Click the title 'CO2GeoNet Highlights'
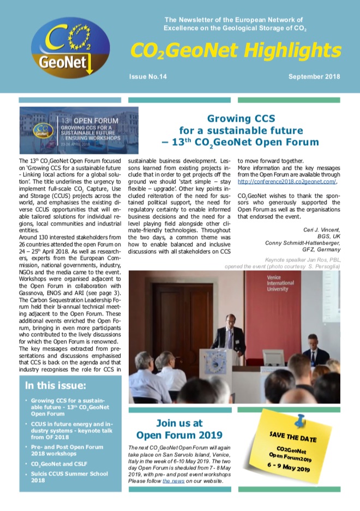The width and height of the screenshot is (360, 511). tap(236, 51)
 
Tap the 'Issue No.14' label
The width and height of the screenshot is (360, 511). tap(148, 77)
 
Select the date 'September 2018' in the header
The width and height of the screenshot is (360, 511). tap(314, 77)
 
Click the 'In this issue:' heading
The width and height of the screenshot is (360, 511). tap(55, 386)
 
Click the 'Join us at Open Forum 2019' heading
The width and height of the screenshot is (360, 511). tap(179, 429)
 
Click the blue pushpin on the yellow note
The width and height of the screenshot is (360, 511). tap(299, 419)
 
